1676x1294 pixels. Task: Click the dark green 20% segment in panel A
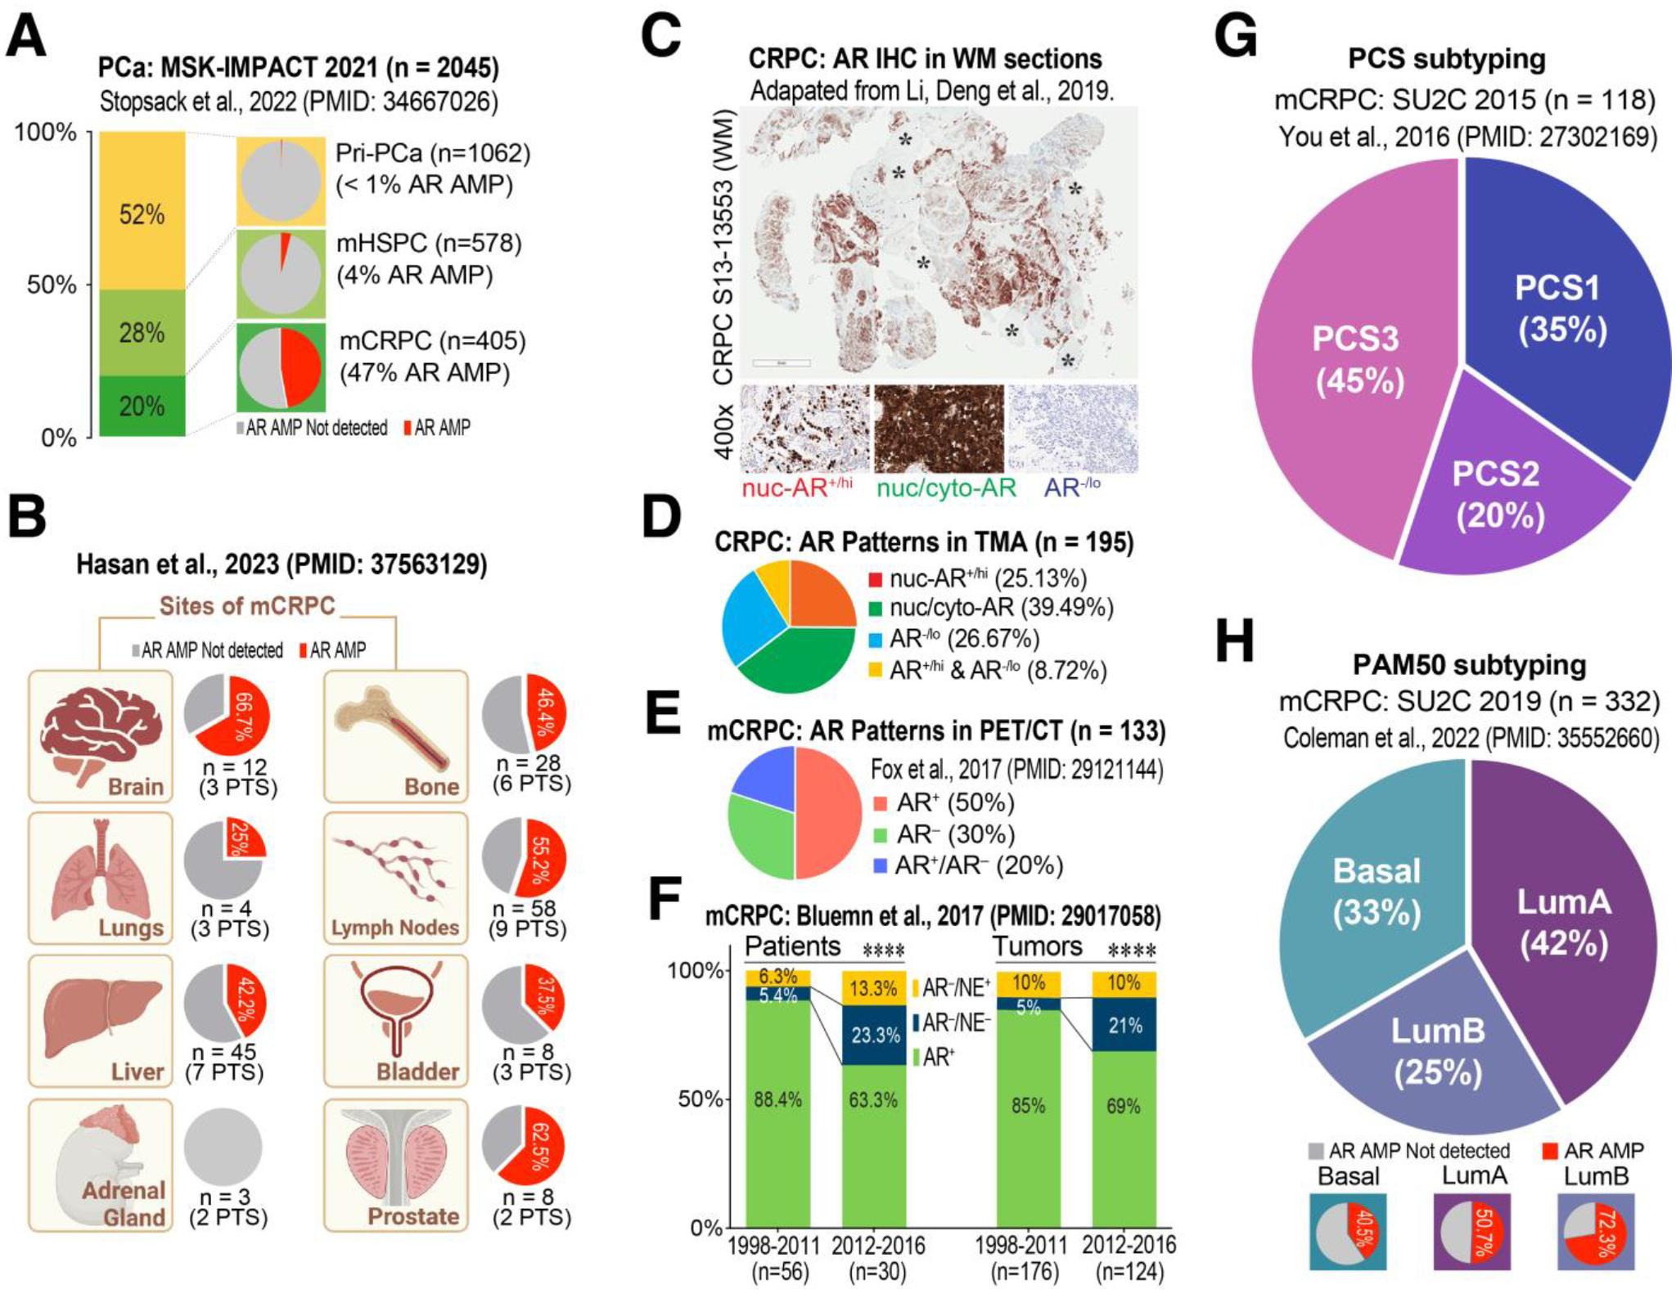click(x=142, y=406)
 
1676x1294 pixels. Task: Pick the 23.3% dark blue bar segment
click(x=874, y=1036)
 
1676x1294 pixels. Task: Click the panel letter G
click(x=1236, y=37)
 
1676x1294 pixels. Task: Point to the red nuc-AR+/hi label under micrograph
click(x=795, y=487)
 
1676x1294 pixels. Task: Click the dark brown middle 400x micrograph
click(x=939, y=429)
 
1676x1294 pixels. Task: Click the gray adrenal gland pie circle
click(x=223, y=1146)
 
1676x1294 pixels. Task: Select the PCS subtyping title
click(x=1447, y=59)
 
